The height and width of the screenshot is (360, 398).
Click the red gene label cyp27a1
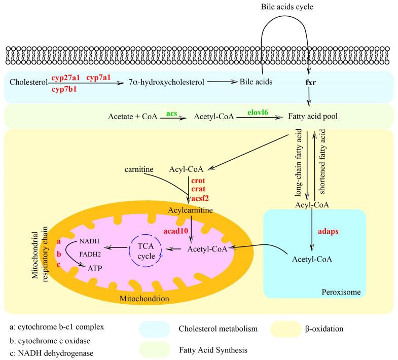(66, 77)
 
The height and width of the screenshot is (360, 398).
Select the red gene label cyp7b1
(66, 89)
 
